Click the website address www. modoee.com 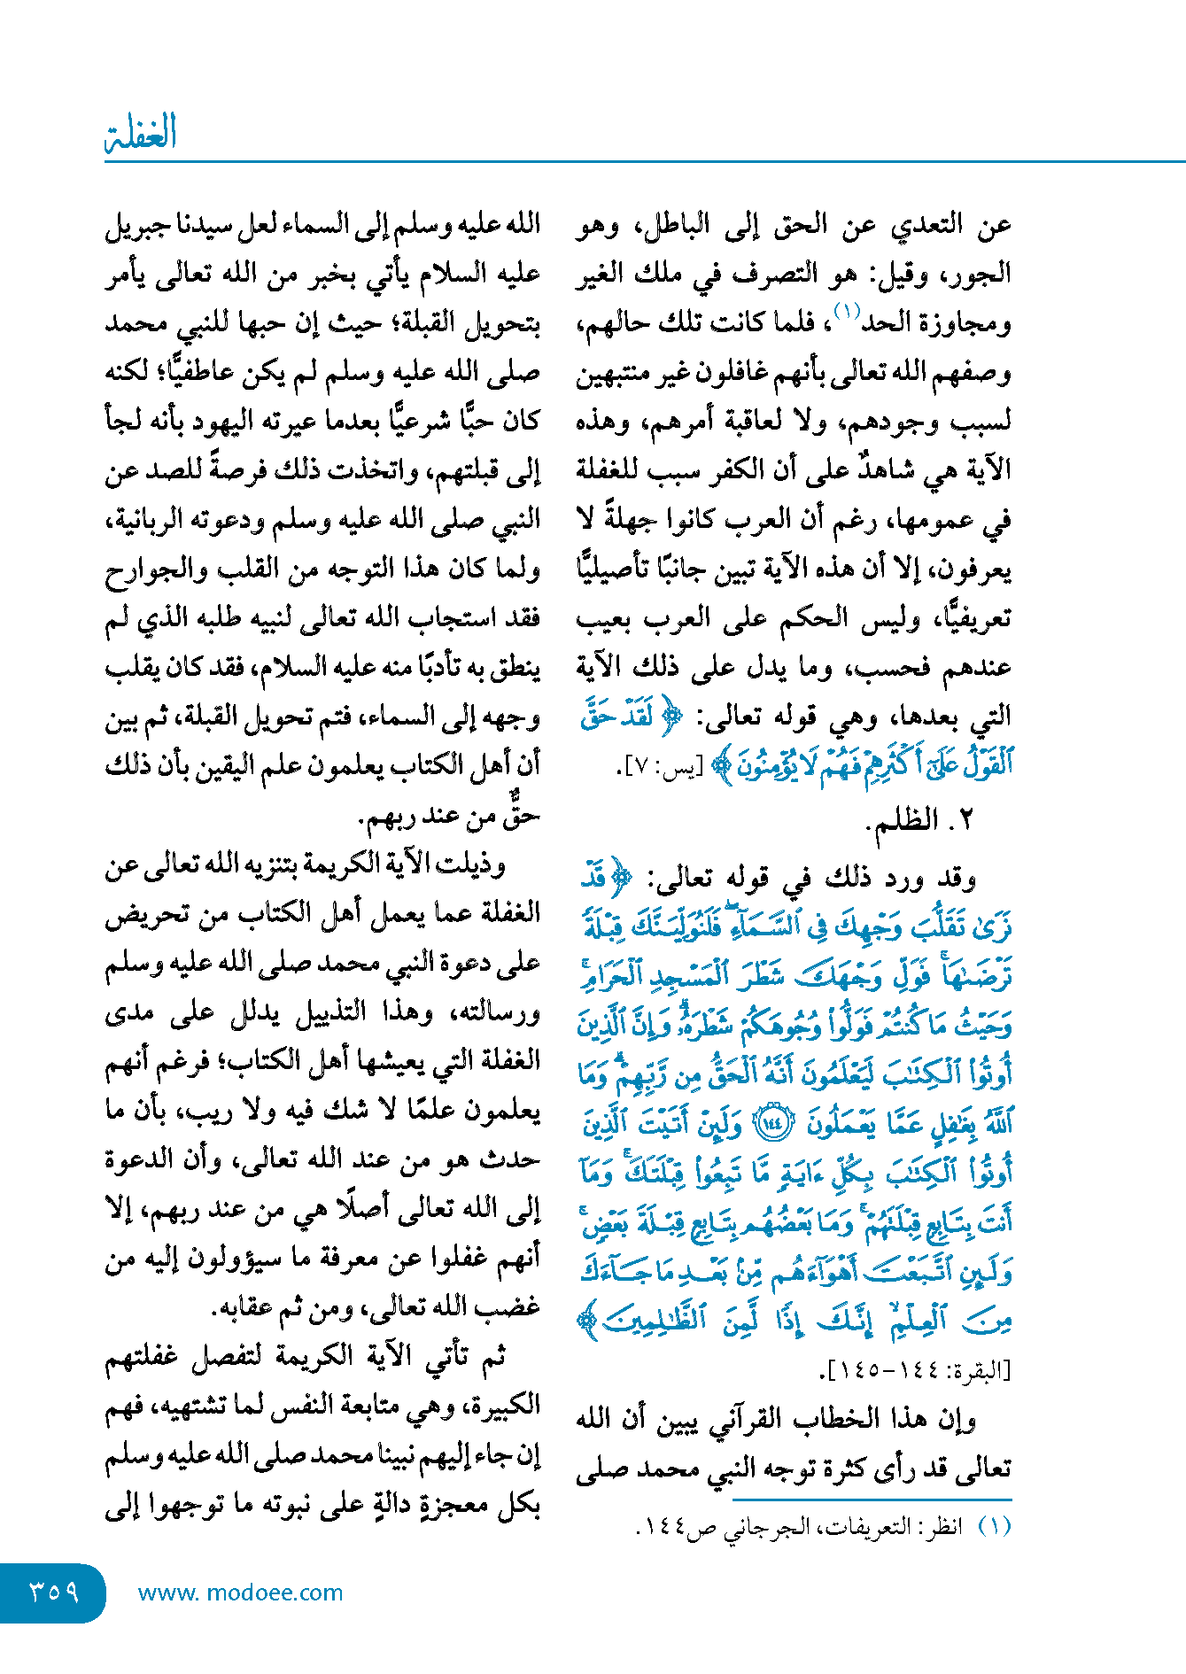[x=240, y=1593]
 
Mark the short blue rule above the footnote [x=872, y=1500]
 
